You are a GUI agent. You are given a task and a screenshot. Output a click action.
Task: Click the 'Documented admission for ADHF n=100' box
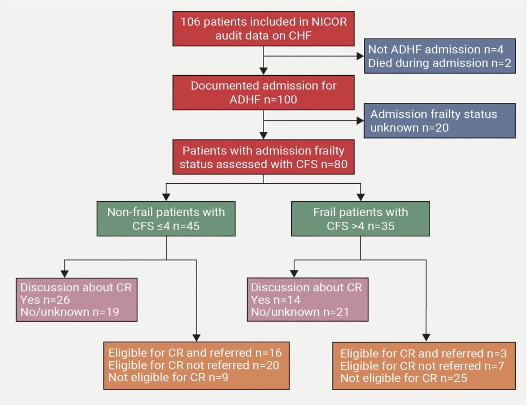263,93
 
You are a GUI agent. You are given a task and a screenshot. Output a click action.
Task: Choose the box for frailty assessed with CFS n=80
263,158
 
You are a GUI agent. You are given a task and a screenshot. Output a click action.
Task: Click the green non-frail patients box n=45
166,219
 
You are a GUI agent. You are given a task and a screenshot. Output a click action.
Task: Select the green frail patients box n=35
360,219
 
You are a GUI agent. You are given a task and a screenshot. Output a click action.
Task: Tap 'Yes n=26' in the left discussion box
45,300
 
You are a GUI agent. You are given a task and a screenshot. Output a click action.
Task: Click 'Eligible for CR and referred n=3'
424,354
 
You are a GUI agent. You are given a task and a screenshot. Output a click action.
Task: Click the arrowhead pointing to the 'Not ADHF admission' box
360,56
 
